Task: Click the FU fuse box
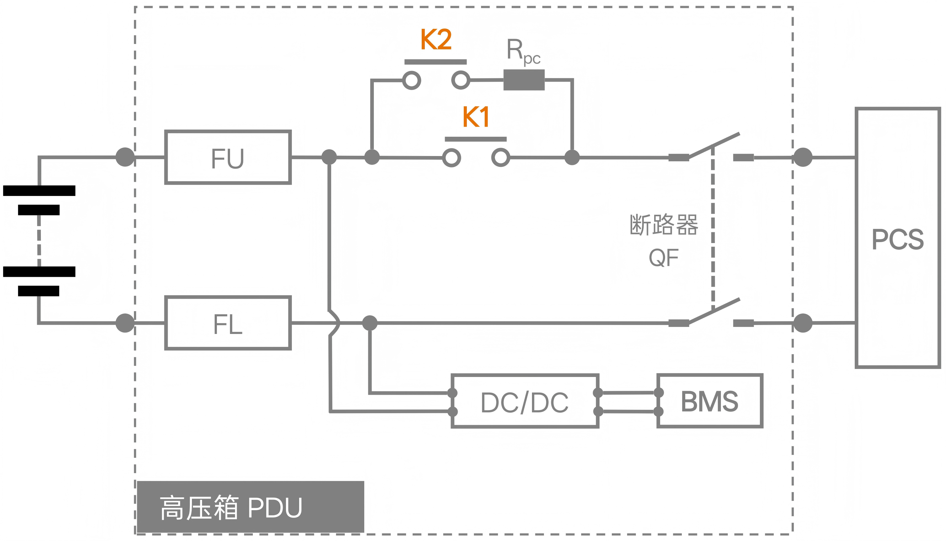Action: click(228, 157)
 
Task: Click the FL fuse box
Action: click(228, 323)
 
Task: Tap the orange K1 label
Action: click(476, 117)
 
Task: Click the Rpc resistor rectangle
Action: click(524, 80)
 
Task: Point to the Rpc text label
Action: click(523, 51)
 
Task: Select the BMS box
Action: click(709, 401)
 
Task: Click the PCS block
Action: click(897, 238)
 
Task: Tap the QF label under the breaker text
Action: click(663, 257)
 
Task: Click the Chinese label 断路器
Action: click(664, 225)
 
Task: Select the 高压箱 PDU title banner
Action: click(250, 507)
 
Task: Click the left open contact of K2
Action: click(412, 80)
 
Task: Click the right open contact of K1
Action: click(500, 158)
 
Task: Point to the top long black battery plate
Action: click(39, 190)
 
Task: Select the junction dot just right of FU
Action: click(329, 157)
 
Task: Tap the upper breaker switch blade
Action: click(714, 145)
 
